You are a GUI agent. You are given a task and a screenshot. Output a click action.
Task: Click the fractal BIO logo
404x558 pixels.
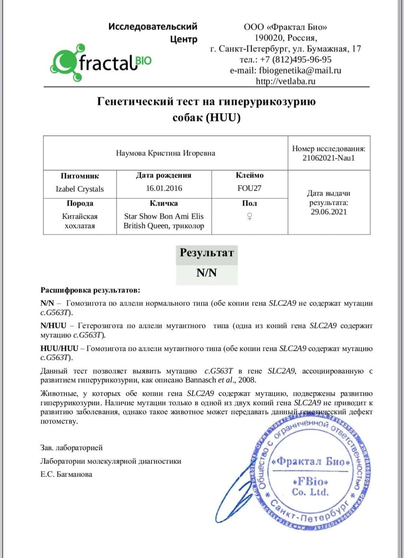tap(101, 62)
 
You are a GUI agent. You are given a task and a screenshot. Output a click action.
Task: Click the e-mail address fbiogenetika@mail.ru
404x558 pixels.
tap(300, 70)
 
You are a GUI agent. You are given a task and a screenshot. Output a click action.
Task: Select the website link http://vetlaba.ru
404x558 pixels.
tap(286, 81)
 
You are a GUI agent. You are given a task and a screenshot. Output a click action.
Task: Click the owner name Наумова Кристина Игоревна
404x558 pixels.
tap(165, 153)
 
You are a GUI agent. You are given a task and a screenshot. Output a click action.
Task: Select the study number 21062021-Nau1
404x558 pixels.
tap(329, 158)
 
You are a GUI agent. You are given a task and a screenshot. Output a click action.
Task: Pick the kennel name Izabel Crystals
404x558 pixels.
tap(80, 189)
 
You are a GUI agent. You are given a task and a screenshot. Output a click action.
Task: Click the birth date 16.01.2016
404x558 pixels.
tap(164, 188)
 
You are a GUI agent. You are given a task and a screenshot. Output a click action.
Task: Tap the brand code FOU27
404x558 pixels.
tap(249, 188)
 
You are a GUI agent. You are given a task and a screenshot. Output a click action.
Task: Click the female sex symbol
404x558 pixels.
tap(249, 216)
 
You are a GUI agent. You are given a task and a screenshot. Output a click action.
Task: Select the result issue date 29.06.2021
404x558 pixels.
tap(329, 212)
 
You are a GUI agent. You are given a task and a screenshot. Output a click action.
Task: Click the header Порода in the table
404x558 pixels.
tap(80, 203)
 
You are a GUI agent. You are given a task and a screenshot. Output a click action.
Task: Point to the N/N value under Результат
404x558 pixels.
tap(206, 273)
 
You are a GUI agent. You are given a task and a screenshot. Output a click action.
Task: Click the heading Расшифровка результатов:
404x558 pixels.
tap(90, 290)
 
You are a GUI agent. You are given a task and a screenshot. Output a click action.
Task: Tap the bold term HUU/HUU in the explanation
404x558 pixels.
tap(59, 349)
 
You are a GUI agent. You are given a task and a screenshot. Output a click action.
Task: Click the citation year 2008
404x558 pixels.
tap(247, 380)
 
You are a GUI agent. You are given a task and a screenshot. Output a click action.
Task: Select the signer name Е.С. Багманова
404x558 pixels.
tap(66, 474)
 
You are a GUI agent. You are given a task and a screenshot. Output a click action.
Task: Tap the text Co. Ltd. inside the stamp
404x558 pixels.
tap(310, 492)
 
